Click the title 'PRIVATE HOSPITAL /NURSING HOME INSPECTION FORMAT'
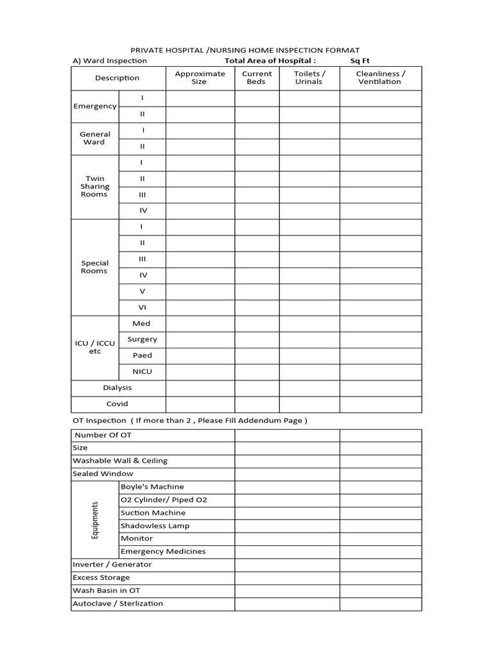245,49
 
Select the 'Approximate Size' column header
200,78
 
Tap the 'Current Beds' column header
257,78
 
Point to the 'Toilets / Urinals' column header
309,78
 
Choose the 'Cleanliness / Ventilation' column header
380,78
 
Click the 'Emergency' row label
95,107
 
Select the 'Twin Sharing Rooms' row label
95,187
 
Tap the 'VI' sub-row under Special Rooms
143,307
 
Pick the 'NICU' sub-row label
143,371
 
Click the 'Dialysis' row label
117,388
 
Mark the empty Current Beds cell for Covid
257,404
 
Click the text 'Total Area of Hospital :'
270,61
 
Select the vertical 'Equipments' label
95,520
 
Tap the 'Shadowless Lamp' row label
155,525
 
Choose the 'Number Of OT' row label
103,435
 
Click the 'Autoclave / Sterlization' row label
117,603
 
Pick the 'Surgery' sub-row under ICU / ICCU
143,339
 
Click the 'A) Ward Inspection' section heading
109,61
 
